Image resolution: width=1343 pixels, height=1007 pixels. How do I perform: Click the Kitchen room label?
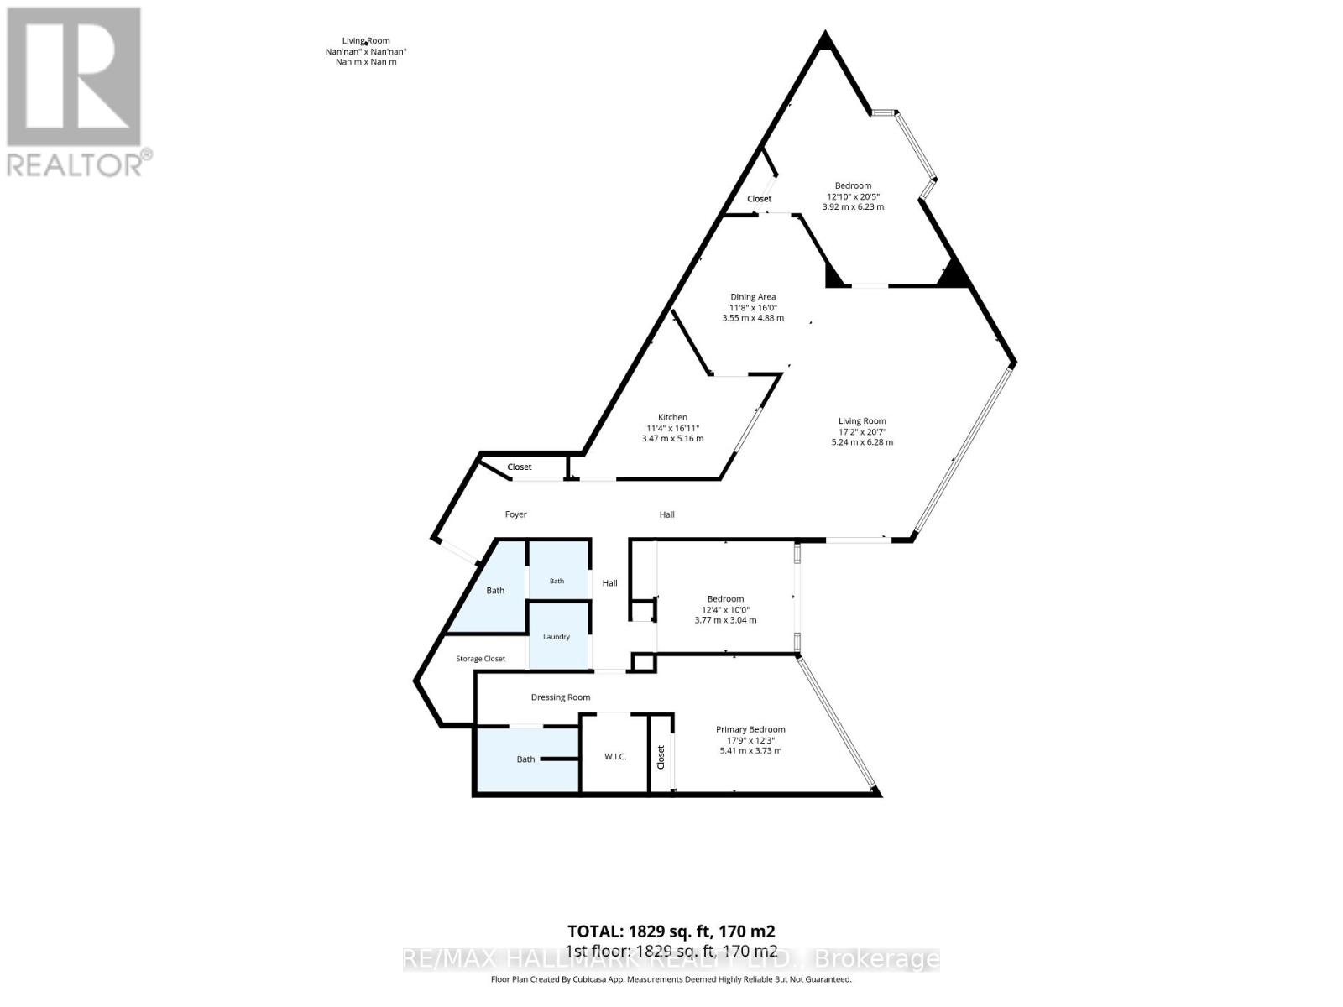[671, 418]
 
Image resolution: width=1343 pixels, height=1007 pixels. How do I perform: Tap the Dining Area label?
[752, 297]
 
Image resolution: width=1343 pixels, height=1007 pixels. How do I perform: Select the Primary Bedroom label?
[750, 729]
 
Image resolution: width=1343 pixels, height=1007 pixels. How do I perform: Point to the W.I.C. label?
[615, 757]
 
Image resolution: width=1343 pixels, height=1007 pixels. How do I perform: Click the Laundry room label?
[557, 637]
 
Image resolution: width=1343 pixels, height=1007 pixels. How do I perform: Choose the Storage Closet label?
[480, 659]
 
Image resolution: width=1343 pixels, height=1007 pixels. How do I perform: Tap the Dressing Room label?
[561, 697]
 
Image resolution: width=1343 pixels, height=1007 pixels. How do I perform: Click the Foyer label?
[515, 514]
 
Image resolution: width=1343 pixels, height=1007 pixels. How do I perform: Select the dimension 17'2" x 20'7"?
[861, 431]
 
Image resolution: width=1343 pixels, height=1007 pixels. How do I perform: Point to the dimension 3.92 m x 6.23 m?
[853, 206]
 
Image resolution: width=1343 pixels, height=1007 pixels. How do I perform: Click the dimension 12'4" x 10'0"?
[726, 609]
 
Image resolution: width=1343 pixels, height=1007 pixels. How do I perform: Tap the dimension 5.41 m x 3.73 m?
[750, 751]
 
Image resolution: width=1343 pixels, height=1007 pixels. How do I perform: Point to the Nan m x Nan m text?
[366, 62]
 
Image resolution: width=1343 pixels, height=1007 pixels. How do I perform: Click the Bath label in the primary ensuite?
[525, 759]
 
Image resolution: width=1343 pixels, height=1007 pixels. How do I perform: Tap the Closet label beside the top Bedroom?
[760, 200]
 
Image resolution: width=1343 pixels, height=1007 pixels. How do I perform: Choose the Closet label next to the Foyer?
[520, 467]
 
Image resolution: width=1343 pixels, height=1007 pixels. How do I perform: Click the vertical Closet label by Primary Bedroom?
[661, 757]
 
